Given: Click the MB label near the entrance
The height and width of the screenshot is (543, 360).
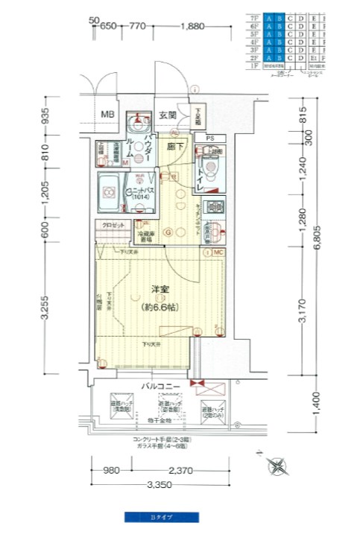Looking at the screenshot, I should [108, 115].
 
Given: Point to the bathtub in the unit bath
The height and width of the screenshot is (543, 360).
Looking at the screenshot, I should [110, 193].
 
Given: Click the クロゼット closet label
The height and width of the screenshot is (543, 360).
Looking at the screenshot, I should [108, 225].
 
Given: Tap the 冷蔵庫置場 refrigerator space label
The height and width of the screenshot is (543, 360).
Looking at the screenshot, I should [145, 237].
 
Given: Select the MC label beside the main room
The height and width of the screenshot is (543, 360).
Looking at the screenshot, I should [218, 253].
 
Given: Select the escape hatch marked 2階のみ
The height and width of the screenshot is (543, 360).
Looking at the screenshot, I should [213, 409].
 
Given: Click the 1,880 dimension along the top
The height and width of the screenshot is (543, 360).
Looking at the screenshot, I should [192, 26].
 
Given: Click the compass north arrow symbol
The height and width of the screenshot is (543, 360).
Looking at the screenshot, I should [278, 467].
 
